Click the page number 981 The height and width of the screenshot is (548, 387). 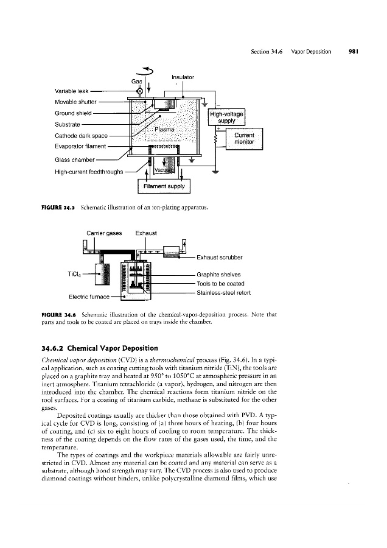pyautogui.click(x=352, y=52)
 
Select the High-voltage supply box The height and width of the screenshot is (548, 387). pyautogui.click(x=226, y=117)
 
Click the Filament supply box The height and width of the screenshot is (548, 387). pyautogui.click(x=164, y=184)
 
